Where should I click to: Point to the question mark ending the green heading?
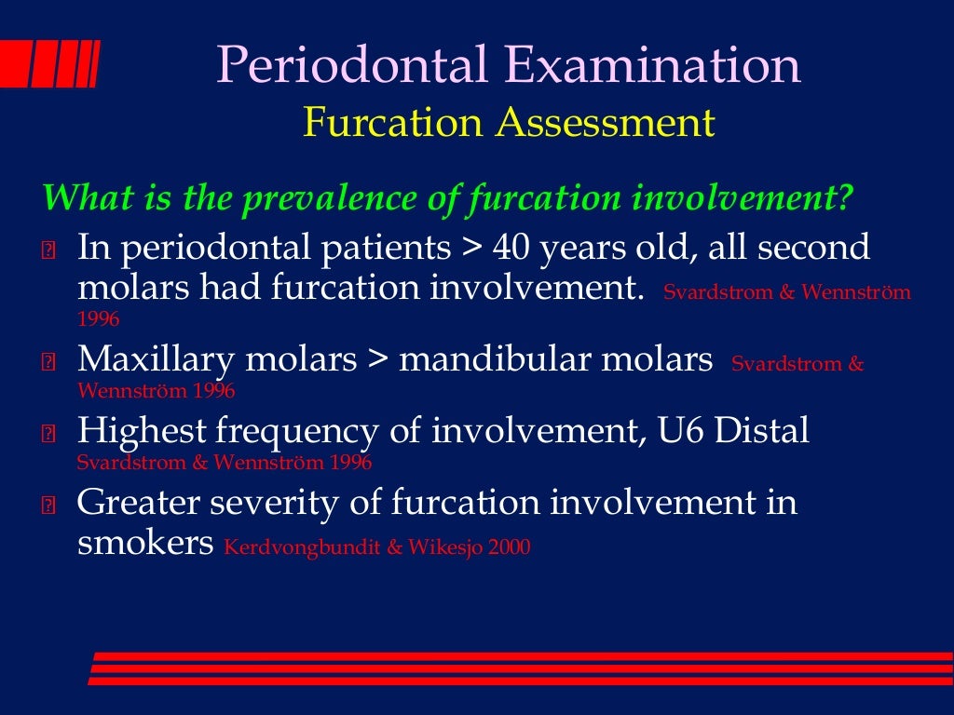[844, 197]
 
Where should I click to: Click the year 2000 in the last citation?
[508, 547]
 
